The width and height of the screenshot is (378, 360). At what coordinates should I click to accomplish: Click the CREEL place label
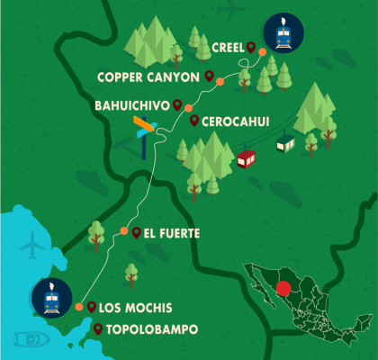[228, 48]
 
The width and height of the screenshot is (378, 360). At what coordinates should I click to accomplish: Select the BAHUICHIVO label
[131, 105]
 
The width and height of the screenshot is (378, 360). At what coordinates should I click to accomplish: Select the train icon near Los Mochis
[51, 298]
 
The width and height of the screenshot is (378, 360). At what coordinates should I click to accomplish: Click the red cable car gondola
[246, 159]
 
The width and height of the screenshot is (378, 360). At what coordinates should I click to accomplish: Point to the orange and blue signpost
[144, 130]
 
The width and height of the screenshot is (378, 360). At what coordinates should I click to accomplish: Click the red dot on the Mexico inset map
[284, 290]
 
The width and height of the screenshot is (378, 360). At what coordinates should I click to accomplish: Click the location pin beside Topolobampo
[97, 329]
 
